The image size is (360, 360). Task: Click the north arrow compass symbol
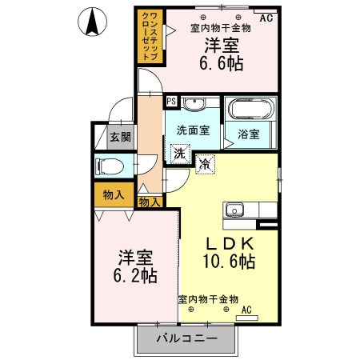coord(92,22)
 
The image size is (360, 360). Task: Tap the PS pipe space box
coord(171,102)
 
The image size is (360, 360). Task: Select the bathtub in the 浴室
coord(250,109)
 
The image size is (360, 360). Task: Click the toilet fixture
coord(110,166)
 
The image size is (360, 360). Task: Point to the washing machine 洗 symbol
coord(180,154)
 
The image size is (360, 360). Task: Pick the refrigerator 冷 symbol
coord(205,164)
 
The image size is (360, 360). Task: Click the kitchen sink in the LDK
coord(234,210)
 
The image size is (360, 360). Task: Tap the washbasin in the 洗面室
coord(194,103)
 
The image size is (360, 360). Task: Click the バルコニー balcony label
coord(187,338)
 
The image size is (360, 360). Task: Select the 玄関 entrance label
coord(121,137)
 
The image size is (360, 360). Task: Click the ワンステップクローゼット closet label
coord(150,37)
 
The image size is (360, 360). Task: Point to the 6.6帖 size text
coord(222,63)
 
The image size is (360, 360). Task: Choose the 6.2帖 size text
coord(135,275)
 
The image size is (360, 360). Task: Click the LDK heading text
coord(230,243)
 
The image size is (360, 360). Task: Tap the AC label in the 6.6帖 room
coord(266,18)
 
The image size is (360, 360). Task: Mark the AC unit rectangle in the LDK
coord(247,318)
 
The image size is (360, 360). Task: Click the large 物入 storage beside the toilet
coord(114,195)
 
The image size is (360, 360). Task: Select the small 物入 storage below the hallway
coord(150,202)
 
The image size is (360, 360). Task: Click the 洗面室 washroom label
coord(193,130)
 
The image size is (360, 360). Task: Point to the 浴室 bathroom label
coord(249,134)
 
